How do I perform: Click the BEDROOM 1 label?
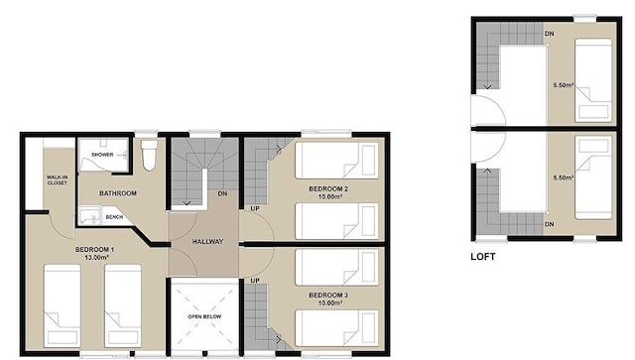[96, 249]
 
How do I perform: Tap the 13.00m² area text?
[96, 258]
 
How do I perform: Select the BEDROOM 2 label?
[327, 188]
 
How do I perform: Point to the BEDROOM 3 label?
[327, 295]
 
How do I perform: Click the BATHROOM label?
[117, 193]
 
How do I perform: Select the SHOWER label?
[103, 156]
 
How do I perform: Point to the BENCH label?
[114, 217]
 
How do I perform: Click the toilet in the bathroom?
[150, 156]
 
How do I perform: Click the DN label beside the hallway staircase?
[223, 193]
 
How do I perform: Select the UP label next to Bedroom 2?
[254, 209]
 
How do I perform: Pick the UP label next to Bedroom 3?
[254, 282]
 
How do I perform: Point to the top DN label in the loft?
[549, 35]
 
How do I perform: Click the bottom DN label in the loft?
[549, 225]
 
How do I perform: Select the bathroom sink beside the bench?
[88, 215]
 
